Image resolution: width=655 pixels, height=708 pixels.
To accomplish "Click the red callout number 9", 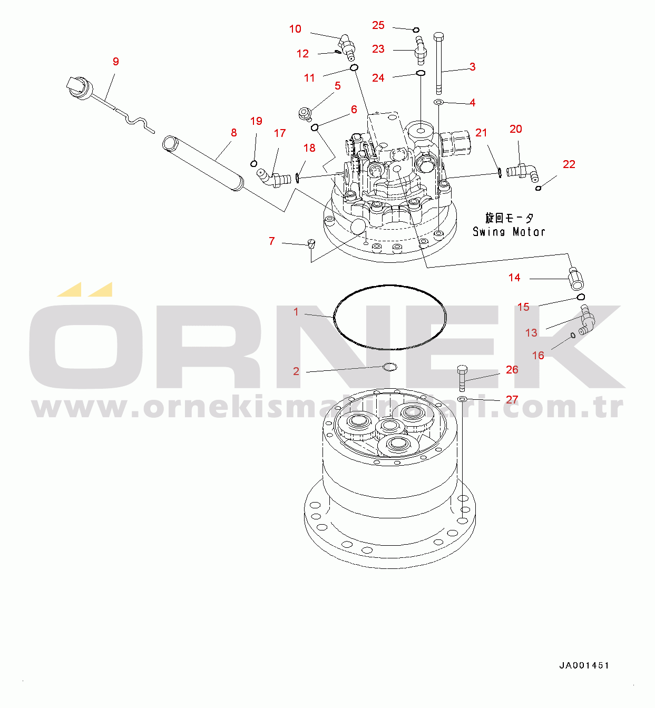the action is click(115, 62).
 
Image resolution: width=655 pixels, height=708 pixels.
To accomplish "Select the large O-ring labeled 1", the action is click(334, 317).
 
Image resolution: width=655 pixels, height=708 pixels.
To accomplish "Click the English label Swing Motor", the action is click(509, 232).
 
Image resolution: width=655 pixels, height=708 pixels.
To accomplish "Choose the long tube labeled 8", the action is click(203, 162).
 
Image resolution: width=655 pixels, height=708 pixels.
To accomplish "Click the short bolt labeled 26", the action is click(462, 378).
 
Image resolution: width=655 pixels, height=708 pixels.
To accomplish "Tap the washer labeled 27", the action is click(462, 398).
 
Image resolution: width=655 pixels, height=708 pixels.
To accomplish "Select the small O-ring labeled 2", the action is click(390, 367).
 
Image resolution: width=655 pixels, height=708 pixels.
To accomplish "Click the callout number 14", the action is click(514, 278).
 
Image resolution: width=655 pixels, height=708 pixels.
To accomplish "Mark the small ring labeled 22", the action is click(538, 188).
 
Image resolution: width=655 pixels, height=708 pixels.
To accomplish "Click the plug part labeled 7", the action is click(311, 243).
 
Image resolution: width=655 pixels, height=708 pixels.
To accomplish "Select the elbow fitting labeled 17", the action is click(273, 178).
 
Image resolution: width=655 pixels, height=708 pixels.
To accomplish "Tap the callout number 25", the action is click(378, 25).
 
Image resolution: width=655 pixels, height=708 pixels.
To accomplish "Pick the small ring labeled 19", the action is click(253, 164).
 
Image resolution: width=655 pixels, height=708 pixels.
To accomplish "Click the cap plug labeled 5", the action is click(305, 113).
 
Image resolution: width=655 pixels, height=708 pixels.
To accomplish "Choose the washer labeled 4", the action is click(438, 102).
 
